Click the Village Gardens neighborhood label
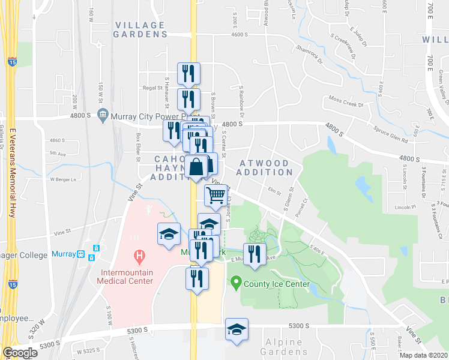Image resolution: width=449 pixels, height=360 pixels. click(x=140, y=29)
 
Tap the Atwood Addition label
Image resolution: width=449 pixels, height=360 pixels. click(x=264, y=167)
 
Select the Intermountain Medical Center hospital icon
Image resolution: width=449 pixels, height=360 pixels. click(x=139, y=258)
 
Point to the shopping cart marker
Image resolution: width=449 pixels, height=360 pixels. click(x=216, y=194)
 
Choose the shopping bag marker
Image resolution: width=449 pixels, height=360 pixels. click(x=196, y=166)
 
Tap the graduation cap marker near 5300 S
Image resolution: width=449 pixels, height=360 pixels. click(x=237, y=329)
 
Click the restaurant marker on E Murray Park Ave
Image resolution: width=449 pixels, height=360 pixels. click(x=255, y=254)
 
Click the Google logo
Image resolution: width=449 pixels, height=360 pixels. click(x=20, y=353)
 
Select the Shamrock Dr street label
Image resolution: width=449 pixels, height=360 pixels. click(x=309, y=53)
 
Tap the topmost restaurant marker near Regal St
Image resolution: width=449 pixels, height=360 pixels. click(x=188, y=74)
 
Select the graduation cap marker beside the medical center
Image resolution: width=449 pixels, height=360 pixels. click(x=169, y=234)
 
